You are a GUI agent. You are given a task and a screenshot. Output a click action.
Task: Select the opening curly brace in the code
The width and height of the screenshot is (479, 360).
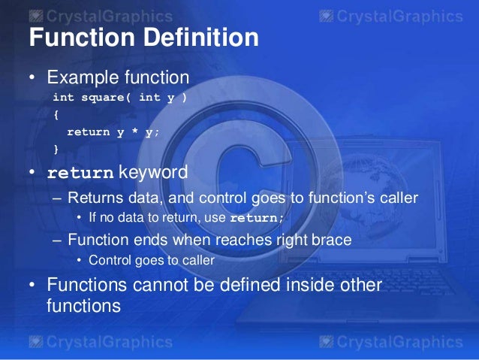[56, 116]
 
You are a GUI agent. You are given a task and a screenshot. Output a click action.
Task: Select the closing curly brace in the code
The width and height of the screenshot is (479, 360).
[56, 149]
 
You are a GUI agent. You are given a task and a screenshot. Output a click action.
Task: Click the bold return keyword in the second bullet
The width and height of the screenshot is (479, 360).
[80, 174]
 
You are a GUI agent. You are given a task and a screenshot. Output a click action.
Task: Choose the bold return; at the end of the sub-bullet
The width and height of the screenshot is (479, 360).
[258, 219]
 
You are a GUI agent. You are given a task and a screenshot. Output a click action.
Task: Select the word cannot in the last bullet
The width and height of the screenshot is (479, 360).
[158, 286]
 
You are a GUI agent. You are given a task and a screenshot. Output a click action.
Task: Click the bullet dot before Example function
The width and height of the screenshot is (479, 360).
[33, 78]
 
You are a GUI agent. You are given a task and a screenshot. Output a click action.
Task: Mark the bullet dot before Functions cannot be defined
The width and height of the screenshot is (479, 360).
[33, 286]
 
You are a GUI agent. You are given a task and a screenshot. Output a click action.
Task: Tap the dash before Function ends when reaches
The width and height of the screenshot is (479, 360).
[58, 241]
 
